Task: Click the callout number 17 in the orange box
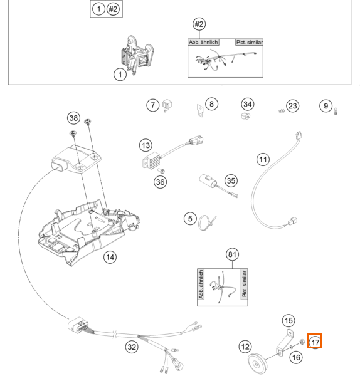pyautogui.click(x=315, y=342)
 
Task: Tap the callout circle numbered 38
pyautogui.click(x=73, y=118)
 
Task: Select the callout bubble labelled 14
pyautogui.click(x=110, y=257)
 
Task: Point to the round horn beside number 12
pyautogui.click(x=257, y=363)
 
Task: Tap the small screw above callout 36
pyautogui.click(x=162, y=171)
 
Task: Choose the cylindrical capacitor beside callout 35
pyautogui.click(x=208, y=181)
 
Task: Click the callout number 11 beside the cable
pyautogui.click(x=263, y=159)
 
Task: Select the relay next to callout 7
pyautogui.click(x=167, y=105)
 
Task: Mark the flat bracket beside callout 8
pyautogui.click(x=200, y=110)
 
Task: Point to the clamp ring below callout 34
pyautogui.click(x=245, y=116)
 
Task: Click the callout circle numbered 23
pyautogui.click(x=292, y=106)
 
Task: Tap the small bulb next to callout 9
pyautogui.click(x=336, y=111)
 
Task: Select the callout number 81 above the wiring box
pyautogui.click(x=232, y=254)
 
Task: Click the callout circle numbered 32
pyautogui.click(x=132, y=347)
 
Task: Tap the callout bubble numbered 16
pyautogui.click(x=296, y=358)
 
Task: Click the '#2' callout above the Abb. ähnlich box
pyautogui.click(x=199, y=24)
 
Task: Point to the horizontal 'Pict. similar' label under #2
pyautogui.click(x=250, y=42)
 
